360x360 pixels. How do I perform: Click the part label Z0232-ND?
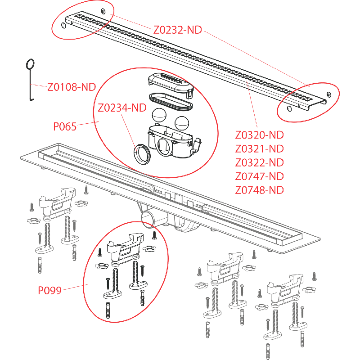tap(177, 30)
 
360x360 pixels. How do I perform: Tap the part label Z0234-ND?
tap(122, 108)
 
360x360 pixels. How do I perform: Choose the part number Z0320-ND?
tap(259, 135)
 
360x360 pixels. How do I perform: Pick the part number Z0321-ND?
tap(259, 148)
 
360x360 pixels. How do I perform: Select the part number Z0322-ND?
tap(259, 162)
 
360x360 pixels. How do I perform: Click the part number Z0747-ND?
tap(259, 176)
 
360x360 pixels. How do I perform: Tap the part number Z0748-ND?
tap(259, 189)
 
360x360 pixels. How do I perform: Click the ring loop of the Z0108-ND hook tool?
tap(31, 64)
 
